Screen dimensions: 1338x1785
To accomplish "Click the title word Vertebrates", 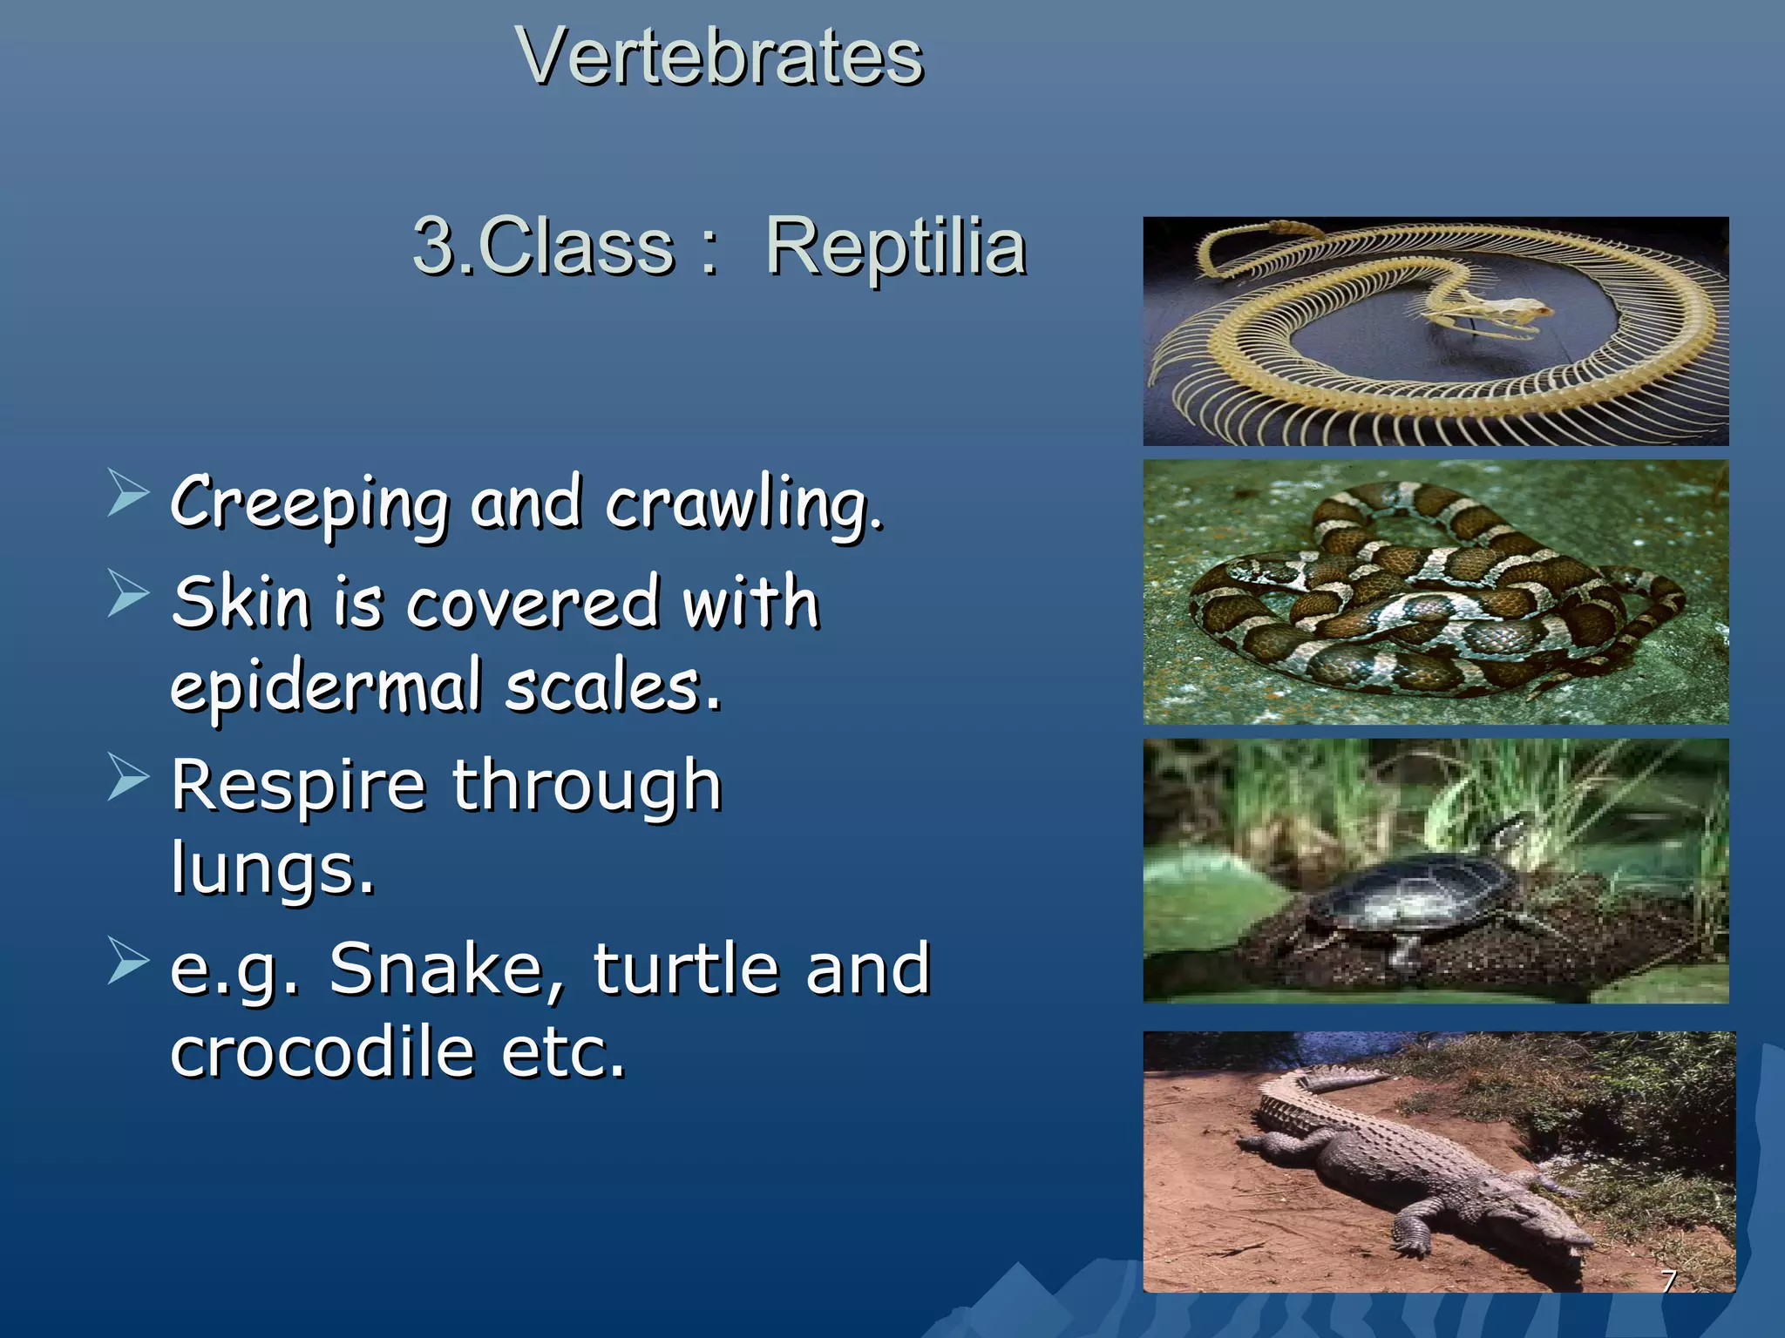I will [x=719, y=57].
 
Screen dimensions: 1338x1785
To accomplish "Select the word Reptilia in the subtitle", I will [x=896, y=247].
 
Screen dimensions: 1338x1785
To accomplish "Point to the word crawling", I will [x=743, y=503].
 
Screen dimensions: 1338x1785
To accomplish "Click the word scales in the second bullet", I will [x=612, y=686].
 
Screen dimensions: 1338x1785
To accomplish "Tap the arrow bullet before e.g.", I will [x=128, y=960].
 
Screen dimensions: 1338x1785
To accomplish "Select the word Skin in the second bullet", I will [x=241, y=603].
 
